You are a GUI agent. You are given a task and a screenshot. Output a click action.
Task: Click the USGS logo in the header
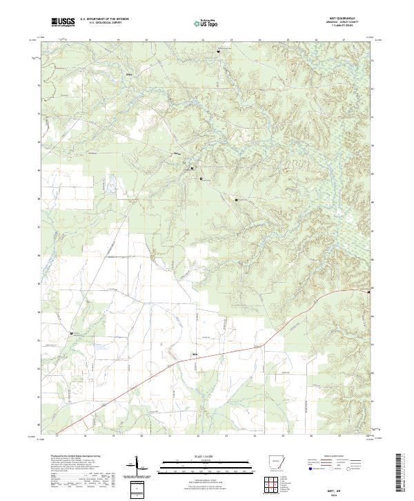[63, 23]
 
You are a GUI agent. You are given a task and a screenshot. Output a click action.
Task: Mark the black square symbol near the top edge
[219, 52]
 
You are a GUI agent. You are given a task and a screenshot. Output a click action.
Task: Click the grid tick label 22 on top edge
[202, 39]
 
